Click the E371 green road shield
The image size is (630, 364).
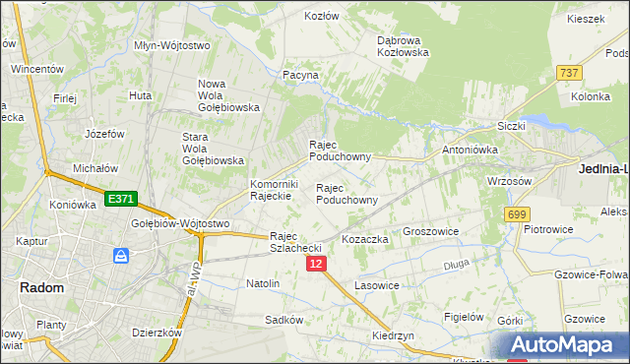click(120, 199)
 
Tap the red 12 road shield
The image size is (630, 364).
click(316, 264)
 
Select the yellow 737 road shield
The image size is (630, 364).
click(568, 73)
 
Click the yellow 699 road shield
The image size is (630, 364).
click(516, 214)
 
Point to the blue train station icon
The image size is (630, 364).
click(121, 257)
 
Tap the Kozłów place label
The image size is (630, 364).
click(322, 17)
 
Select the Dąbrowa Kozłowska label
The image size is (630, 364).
click(404, 46)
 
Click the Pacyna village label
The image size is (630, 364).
click(300, 75)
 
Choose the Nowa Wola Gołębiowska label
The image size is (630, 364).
click(227, 95)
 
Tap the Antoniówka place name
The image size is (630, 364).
click(471, 150)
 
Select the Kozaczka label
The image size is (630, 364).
click(365, 239)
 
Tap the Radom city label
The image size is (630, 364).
click(42, 288)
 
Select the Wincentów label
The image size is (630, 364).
click(37, 70)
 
